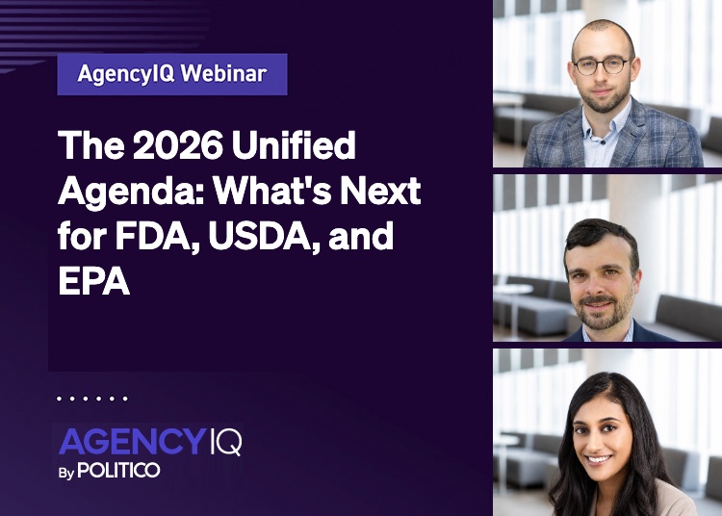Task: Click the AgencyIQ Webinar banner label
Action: pyautogui.click(x=172, y=74)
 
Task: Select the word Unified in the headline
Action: pyautogui.click(x=294, y=145)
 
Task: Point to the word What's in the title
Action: pyautogui.click(x=271, y=191)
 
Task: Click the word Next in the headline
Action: pyautogui.click(x=380, y=191)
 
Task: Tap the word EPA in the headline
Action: pyautogui.click(x=93, y=281)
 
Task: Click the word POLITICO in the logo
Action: pyautogui.click(x=118, y=470)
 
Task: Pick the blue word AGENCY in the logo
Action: pyautogui.click(x=131, y=441)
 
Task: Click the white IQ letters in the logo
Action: pyautogui.click(x=225, y=442)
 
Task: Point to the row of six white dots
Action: pyautogui.click(x=92, y=399)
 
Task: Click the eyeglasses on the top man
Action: pyautogui.click(x=602, y=65)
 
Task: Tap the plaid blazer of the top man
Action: pyautogui.click(x=612, y=138)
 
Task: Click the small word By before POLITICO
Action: pyautogui.click(x=65, y=473)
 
